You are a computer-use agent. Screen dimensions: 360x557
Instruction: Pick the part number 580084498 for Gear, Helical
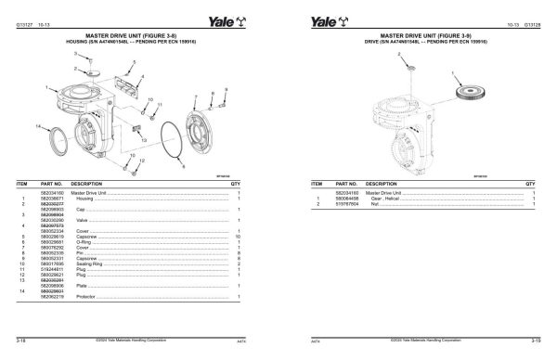(x=347, y=198)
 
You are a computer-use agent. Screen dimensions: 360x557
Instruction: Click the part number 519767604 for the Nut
(x=347, y=203)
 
